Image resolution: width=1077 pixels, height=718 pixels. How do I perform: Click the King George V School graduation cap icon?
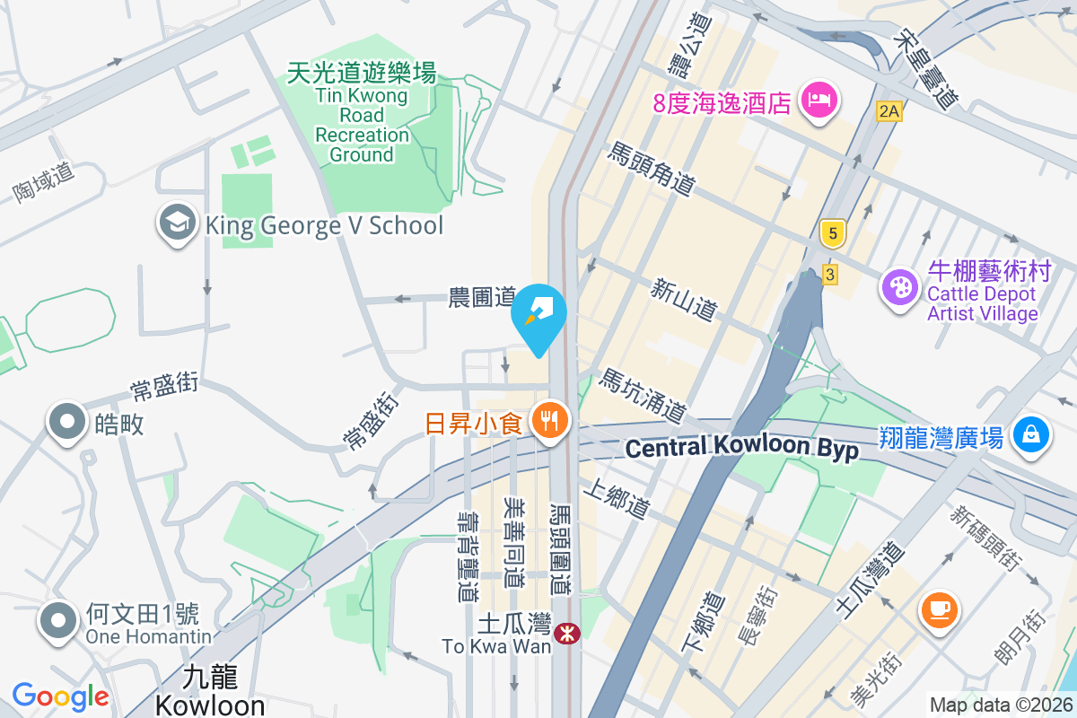177,223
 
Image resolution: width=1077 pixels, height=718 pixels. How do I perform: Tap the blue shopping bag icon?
1031,434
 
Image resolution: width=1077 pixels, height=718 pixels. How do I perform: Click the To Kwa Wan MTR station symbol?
566,634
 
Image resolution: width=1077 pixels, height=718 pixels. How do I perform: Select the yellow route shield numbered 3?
830,275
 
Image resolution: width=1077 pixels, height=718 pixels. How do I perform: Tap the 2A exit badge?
889,111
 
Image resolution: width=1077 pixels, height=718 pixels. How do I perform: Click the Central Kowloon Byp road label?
741,447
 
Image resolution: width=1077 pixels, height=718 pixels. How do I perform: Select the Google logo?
60,696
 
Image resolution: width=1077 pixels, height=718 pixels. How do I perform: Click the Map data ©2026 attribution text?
1001,705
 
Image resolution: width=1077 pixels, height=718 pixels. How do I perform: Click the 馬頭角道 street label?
652,169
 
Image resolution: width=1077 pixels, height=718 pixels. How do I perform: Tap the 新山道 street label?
685,299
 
